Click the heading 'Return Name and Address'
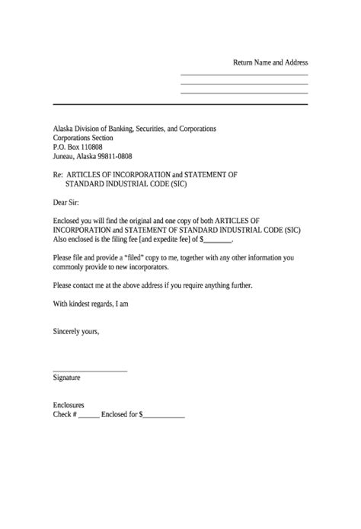[x=270, y=62]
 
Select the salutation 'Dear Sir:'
[x=65, y=202]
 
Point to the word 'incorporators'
[x=162, y=267]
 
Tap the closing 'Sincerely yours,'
[x=76, y=332]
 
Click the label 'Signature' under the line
[x=67, y=378]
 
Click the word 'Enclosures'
[x=69, y=406]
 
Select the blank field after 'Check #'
[x=88, y=416]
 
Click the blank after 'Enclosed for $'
[x=164, y=416]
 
